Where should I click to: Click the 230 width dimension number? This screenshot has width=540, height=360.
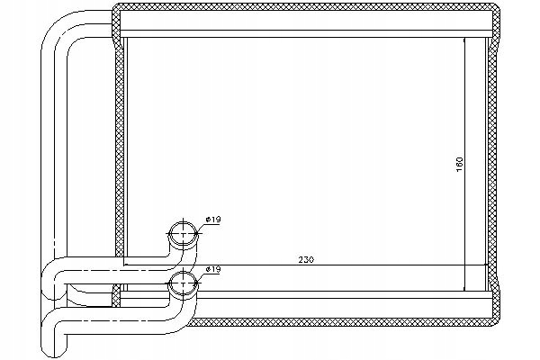click(x=305, y=260)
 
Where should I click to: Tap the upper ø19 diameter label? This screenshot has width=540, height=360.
click(x=213, y=220)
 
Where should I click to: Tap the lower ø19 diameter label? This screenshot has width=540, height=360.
click(x=213, y=269)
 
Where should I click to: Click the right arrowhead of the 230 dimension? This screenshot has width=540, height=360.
click(x=487, y=266)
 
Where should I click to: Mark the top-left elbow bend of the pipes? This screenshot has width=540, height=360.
click(x=63, y=27)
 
